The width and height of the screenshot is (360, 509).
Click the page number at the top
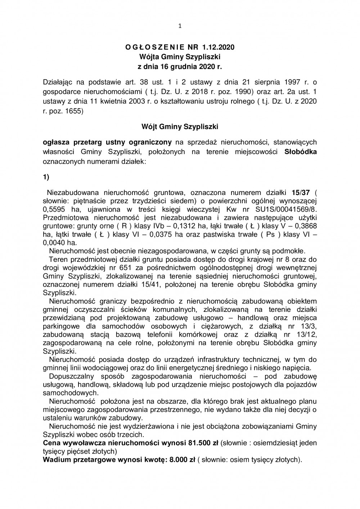click(180, 5)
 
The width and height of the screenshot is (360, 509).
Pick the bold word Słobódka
click(301, 151)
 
